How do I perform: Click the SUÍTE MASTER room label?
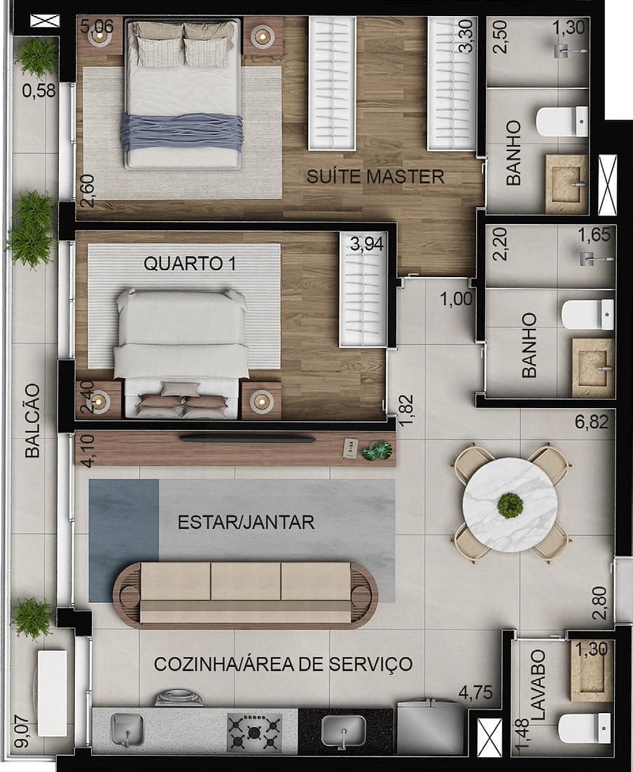click(375, 176)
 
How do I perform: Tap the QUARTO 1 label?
click(189, 264)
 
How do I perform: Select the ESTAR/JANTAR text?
click(246, 522)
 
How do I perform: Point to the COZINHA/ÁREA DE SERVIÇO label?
click(283, 664)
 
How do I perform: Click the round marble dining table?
click(510, 504)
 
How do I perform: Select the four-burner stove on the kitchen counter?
click(253, 733)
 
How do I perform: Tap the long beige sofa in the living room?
click(245, 591)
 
